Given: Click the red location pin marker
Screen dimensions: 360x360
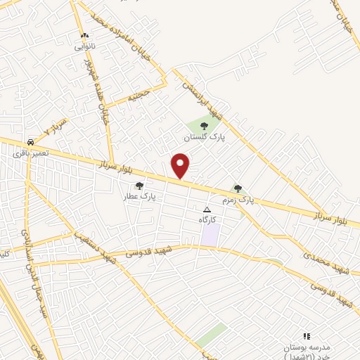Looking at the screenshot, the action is coord(181,166).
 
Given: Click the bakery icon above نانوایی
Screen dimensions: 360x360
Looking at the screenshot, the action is coord(85,34).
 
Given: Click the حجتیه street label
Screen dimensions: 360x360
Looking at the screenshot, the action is coord(139,96).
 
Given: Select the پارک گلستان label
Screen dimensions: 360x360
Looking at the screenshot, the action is coord(204,136).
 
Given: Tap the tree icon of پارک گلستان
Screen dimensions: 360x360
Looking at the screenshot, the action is coord(204,125).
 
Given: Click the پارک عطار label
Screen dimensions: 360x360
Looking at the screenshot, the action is coord(139,197).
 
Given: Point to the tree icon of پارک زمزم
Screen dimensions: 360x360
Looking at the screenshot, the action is coord(238,188).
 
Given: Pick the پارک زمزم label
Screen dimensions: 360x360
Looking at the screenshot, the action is coord(237,200).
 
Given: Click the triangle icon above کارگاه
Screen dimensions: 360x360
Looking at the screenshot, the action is coord(207,210).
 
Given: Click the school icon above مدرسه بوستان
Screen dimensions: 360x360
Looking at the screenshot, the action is coord(306,337).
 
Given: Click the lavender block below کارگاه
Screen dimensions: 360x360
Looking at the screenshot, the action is coord(210,235).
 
